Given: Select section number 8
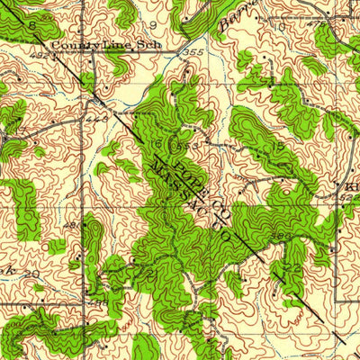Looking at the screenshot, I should [33, 27].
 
